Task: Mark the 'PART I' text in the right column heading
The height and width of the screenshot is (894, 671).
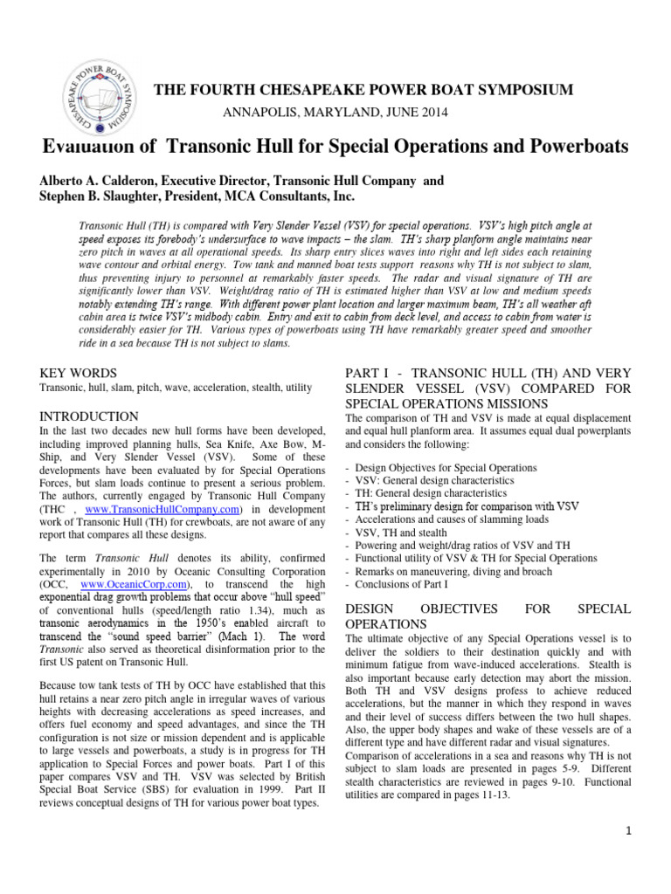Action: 369,373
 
